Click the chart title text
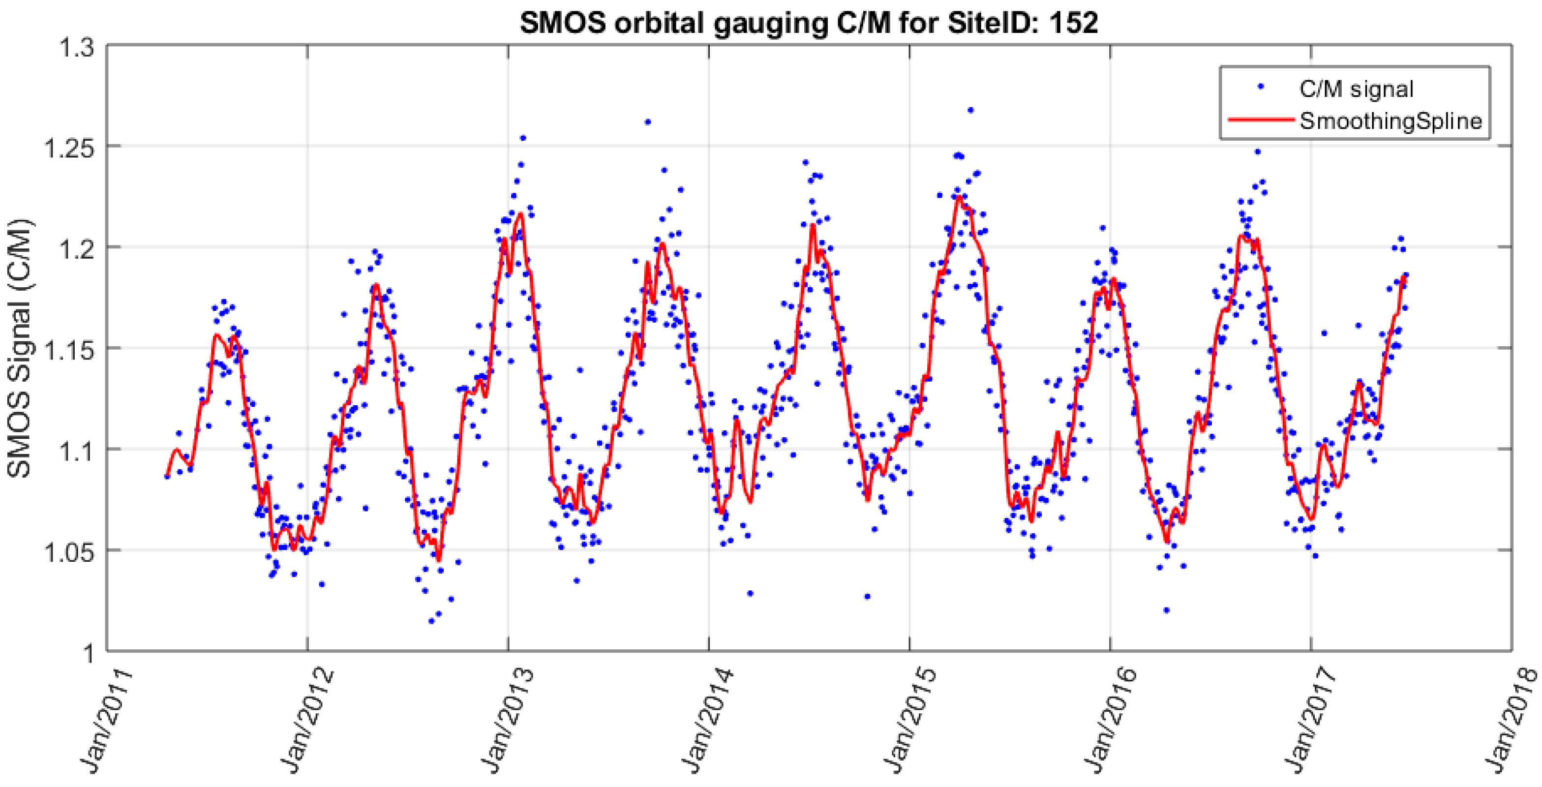[x=808, y=23]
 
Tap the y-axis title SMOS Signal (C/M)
[x=20, y=349]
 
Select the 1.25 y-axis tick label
[x=69, y=147]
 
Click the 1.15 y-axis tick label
[x=69, y=349]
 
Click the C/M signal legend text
[x=1356, y=89]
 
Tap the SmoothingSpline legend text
[x=1391, y=121]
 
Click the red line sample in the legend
[x=1260, y=120]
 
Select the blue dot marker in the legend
[x=1261, y=87]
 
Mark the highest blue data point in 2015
[x=970, y=110]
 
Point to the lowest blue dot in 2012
[x=431, y=621]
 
